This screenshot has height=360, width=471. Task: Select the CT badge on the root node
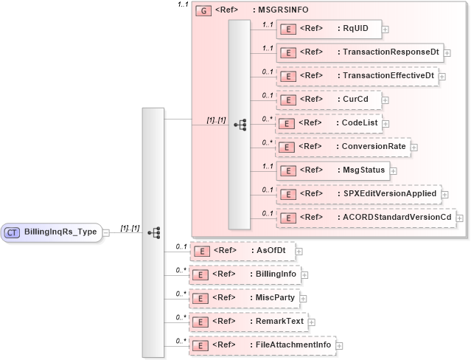13,232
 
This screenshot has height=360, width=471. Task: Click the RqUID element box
327,30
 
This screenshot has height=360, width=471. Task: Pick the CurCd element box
327,99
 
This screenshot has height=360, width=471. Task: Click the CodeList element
327,122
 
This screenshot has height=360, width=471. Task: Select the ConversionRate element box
342,146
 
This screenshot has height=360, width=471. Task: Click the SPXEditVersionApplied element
358,193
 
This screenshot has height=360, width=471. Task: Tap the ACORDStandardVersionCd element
365,217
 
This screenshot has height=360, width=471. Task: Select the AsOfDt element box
242,251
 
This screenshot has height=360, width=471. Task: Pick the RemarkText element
248,322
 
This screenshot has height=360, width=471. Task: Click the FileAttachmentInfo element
262,345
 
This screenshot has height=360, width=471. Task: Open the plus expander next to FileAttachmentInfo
340,345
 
